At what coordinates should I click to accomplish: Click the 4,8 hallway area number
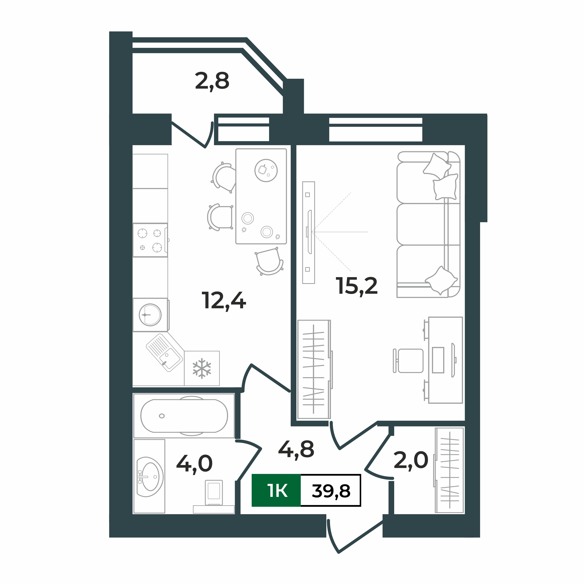[x=296, y=449]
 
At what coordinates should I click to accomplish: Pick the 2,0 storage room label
[x=411, y=460]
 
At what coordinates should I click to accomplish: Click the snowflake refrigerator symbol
[x=202, y=369]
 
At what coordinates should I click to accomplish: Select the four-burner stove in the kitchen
[x=150, y=240]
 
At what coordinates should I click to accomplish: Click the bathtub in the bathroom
[x=184, y=416]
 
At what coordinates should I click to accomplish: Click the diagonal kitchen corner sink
[x=164, y=352]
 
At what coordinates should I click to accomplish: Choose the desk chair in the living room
[x=410, y=361]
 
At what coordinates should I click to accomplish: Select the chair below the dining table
[x=269, y=261]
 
